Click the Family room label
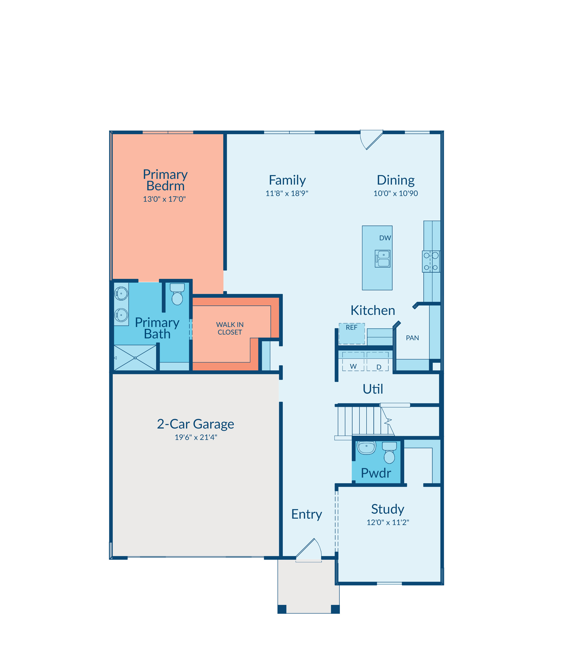point(287,180)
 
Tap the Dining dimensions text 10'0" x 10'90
point(396,193)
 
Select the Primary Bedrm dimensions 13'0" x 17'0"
point(164,199)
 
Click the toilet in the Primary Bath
point(177,294)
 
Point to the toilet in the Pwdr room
point(389,452)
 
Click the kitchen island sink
point(383,259)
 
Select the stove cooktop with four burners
point(431,261)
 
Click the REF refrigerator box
point(352,333)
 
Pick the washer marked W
point(353,361)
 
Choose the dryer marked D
point(378,361)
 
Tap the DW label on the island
point(385,238)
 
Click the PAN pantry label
point(412,338)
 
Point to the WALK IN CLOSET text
point(230,328)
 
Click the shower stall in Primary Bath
point(135,358)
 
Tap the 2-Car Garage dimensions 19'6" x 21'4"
point(196,437)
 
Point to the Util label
point(373,389)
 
